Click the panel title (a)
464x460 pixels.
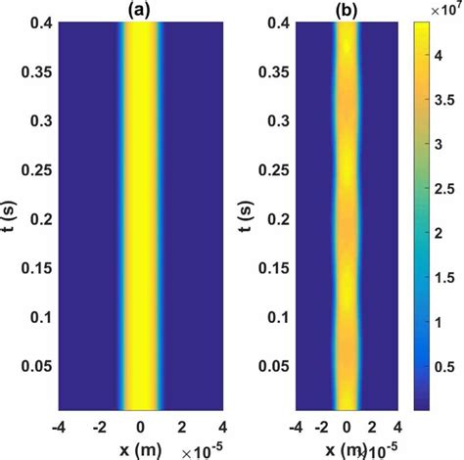pos(141,9)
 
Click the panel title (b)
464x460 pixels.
pos(347,9)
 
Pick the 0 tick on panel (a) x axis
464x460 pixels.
pos(142,425)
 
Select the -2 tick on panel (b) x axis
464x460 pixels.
pos(321,425)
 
